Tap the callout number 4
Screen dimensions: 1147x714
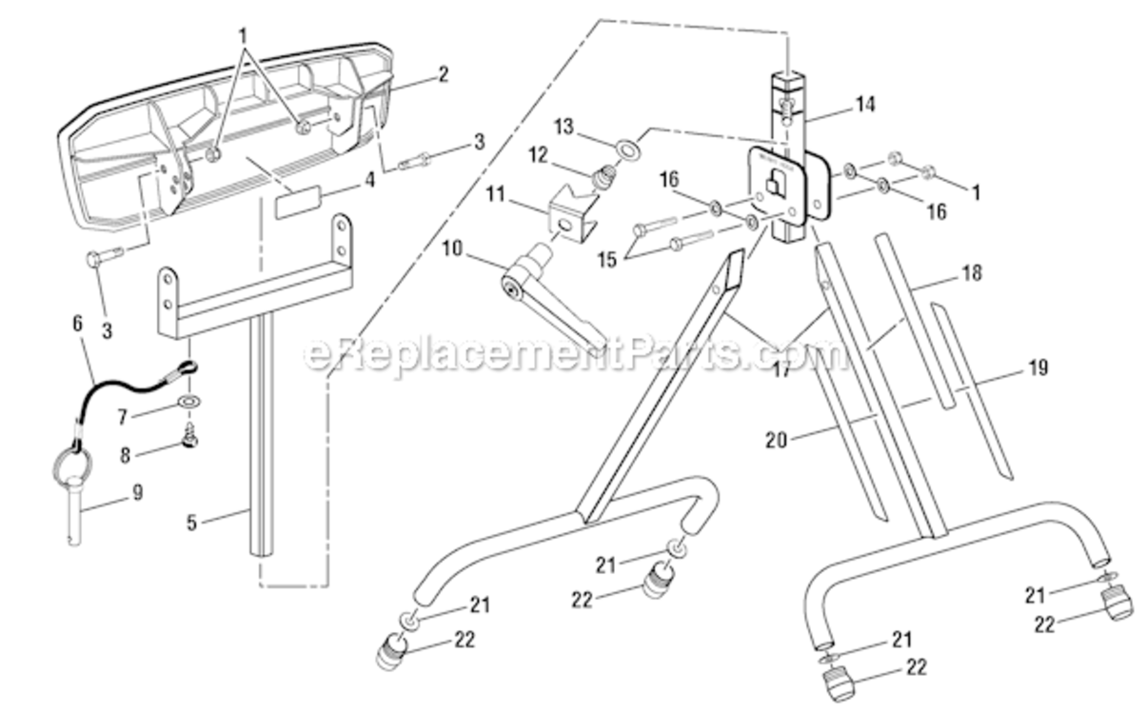click(368, 180)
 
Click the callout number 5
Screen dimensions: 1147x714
click(191, 523)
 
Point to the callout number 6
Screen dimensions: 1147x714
click(77, 324)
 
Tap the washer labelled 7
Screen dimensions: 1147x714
click(189, 400)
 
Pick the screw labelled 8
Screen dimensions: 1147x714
click(190, 435)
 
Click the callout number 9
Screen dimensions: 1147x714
click(137, 493)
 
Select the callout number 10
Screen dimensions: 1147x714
click(452, 248)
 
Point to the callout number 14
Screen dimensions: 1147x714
click(865, 105)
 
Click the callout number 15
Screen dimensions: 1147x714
click(607, 260)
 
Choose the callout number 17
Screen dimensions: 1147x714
click(781, 369)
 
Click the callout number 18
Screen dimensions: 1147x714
click(973, 273)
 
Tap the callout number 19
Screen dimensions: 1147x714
click(1038, 367)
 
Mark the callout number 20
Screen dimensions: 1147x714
click(776, 440)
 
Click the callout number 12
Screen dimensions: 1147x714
click(538, 155)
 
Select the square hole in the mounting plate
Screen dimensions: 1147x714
click(777, 184)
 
